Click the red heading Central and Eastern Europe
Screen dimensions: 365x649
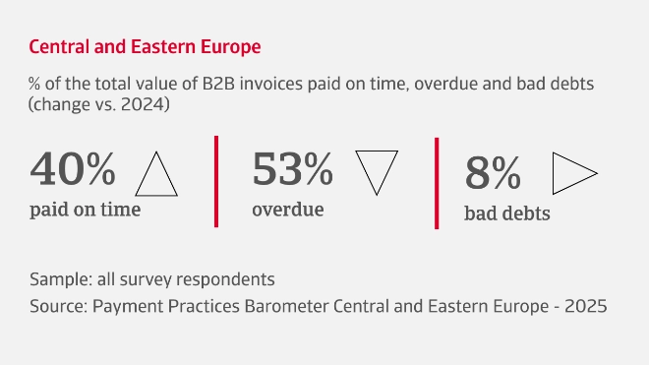(x=146, y=46)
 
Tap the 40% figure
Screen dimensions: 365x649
(x=73, y=170)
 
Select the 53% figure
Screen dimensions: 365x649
(x=293, y=170)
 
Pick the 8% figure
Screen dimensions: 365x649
(x=493, y=174)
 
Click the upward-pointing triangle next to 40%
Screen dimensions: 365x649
(x=155, y=174)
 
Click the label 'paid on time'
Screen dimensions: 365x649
(x=85, y=209)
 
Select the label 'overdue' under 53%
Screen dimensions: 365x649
(x=288, y=209)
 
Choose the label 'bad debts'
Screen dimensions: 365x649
(x=506, y=212)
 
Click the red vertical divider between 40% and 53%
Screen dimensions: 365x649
(x=216, y=180)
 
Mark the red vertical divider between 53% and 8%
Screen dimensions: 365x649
(x=436, y=180)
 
